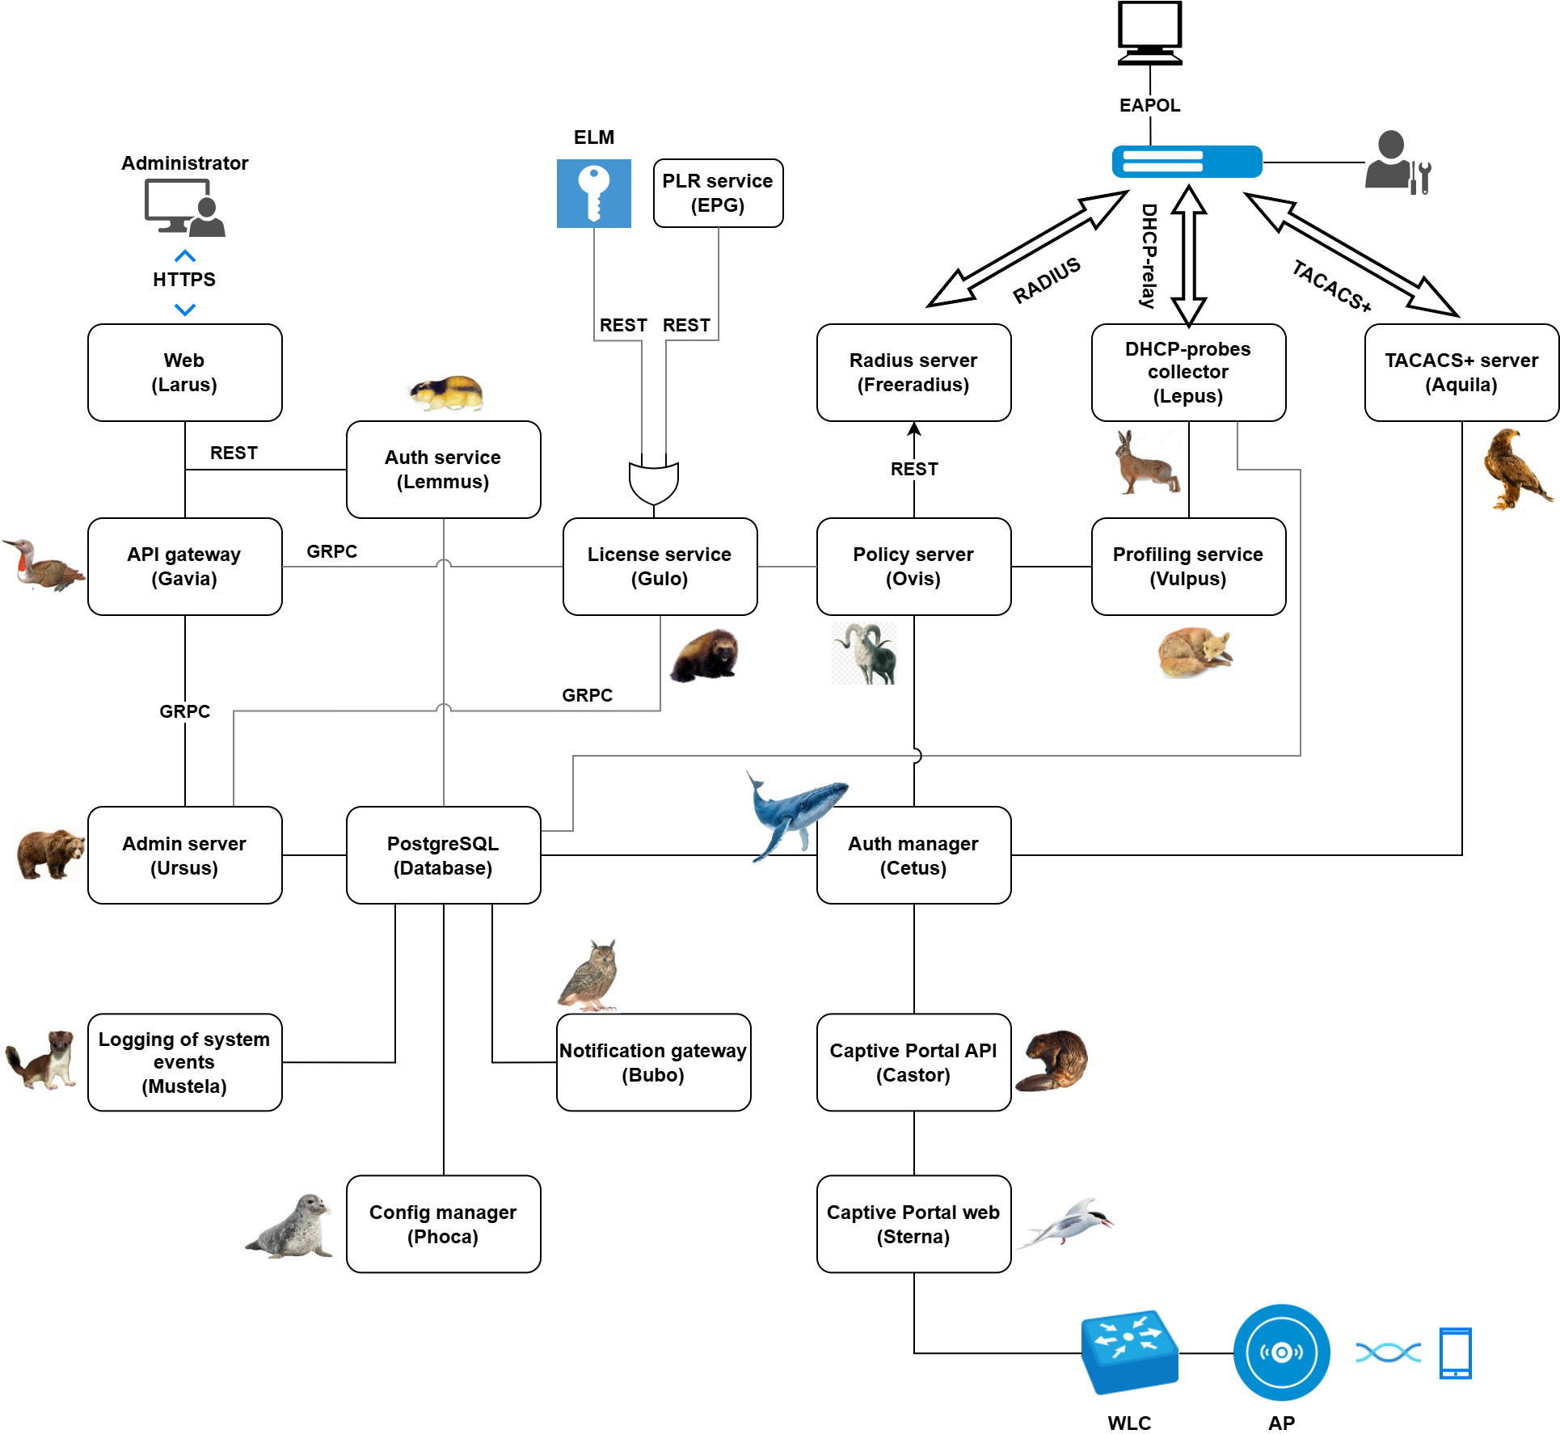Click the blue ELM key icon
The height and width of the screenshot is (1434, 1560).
(x=593, y=193)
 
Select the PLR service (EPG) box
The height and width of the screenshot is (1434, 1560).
(x=718, y=193)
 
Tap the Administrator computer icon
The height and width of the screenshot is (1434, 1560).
(x=184, y=208)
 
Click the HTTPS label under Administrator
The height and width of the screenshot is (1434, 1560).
(x=184, y=280)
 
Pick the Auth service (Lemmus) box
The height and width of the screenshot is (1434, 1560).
(x=443, y=470)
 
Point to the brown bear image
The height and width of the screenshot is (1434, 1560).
(x=50, y=854)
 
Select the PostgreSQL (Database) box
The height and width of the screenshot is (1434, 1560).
(x=443, y=855)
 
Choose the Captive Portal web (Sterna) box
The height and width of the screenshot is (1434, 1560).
(x=913, y=1224)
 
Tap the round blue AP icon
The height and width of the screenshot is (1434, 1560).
(x=1281, y=1352)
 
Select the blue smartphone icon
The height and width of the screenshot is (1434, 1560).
(x=1455, y=1352)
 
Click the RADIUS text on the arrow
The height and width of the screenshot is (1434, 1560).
(x=1047, y=280)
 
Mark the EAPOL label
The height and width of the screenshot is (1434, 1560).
(x=1149, y=105)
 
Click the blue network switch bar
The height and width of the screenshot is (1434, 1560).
(x=1187, y=162)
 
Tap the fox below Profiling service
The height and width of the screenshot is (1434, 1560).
(x=1195, y=652)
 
